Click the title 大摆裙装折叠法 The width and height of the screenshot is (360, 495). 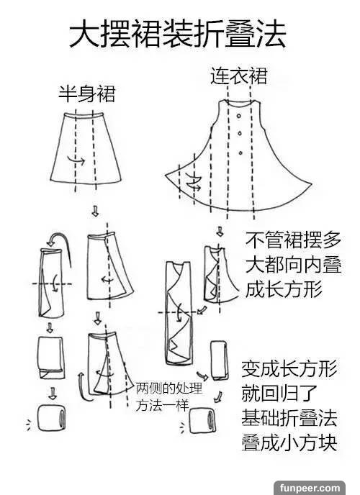click(178, 34)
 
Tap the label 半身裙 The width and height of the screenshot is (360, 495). click(87, 94)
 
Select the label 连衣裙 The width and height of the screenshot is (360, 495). click(239, 76)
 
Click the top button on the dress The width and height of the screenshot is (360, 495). click(239, 116)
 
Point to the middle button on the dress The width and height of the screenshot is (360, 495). click(240, 134)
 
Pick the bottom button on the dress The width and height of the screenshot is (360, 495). click(240, 153)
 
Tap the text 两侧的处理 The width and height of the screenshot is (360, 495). click(169, 389)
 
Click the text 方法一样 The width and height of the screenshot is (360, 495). click(162, 406)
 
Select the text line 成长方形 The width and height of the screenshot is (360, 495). click(284, 289)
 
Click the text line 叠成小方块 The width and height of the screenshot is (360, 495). click(289, 442)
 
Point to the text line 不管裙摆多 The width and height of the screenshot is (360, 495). click(293, 240)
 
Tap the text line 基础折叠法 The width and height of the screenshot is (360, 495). click(289, 418)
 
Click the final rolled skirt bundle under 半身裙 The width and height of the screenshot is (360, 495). click(52, 417)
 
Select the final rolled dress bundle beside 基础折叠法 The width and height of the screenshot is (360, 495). click(202, 421)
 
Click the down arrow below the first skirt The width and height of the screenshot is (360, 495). click(95, 211)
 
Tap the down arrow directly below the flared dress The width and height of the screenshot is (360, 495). click(220, 232)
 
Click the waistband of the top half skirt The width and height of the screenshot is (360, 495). click(84, 115)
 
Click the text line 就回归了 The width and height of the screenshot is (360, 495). click(279, 394)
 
